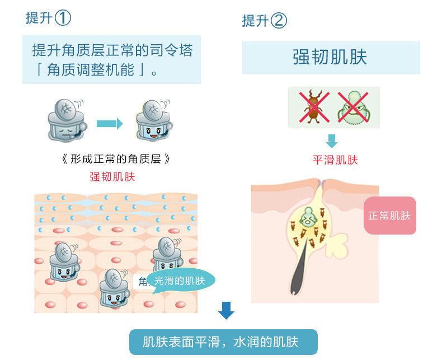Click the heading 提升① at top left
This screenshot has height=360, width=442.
48,18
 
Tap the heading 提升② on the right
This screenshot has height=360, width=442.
264,21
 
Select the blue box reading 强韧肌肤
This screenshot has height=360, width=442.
331,58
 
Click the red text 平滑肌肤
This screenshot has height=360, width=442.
335,160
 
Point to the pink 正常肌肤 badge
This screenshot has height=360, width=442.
390,216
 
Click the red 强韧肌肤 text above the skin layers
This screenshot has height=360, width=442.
112,177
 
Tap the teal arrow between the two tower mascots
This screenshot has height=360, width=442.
109,123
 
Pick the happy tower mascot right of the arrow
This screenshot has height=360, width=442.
153,120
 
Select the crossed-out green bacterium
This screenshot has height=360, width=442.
354,107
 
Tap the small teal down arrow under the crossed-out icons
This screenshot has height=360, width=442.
332,141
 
